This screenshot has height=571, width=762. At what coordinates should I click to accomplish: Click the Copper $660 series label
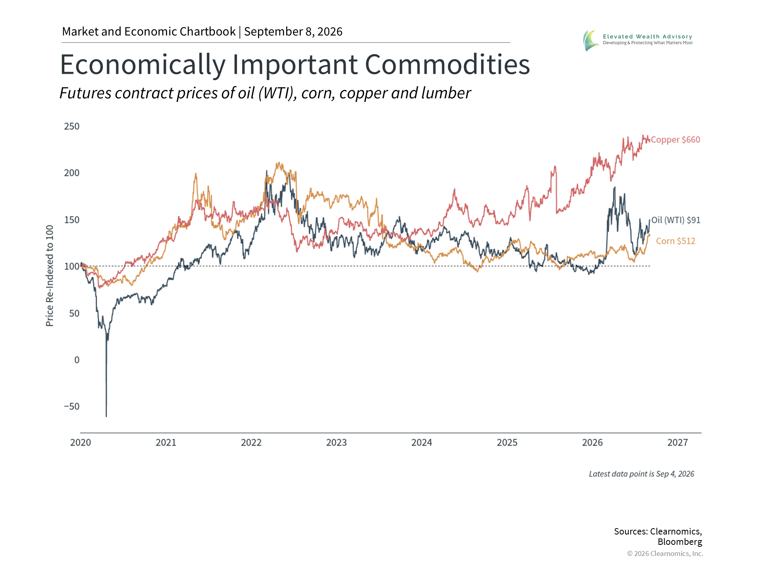675,140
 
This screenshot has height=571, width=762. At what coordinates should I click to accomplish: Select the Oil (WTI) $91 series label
676,220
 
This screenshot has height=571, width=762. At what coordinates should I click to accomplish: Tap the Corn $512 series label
675,241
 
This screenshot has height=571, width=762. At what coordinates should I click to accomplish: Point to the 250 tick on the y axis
72,126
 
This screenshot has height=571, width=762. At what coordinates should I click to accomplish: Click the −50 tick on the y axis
72,406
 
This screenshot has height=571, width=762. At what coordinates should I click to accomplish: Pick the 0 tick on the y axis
77,360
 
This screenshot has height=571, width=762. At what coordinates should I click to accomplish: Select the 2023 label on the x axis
337,443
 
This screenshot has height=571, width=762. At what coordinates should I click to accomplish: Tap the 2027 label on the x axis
677,443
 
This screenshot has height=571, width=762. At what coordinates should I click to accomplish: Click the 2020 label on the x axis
81,443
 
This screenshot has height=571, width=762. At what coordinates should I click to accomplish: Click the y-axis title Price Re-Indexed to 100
50,276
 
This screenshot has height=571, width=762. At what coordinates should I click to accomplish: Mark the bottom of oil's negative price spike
106,416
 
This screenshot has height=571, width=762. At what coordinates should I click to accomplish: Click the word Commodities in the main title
447,65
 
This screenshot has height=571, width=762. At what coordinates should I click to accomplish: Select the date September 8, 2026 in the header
293,32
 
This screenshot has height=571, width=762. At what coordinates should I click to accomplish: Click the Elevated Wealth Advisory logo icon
591,40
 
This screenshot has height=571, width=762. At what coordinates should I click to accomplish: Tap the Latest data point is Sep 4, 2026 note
642,474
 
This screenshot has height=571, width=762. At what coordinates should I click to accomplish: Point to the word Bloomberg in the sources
680,542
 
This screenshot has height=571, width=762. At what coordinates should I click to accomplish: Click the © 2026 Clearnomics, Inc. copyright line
665,554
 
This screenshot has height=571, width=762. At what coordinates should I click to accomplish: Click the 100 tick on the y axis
72,266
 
